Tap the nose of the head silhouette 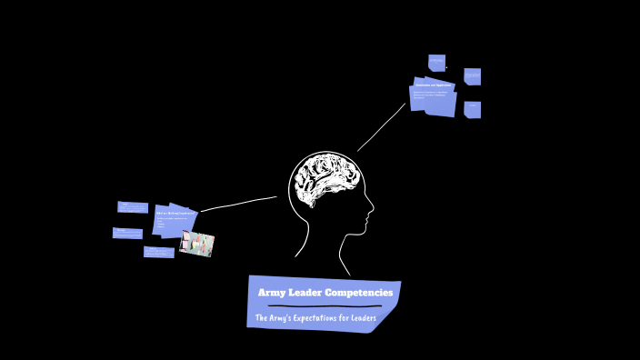(372, 215)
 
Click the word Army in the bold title (271, 293)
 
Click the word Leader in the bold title (306, 293)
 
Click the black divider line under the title (318, 306)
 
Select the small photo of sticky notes (196, 244)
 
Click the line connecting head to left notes (238, 203)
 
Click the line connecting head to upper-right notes (381, 127)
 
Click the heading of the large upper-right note (434, 85)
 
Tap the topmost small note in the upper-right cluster (436, 63)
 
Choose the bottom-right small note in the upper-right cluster (473, 110)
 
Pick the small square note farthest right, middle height (473, 76)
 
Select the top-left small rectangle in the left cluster (133, 207)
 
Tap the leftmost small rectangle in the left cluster (127, 233)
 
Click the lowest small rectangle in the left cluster (158, 252)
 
